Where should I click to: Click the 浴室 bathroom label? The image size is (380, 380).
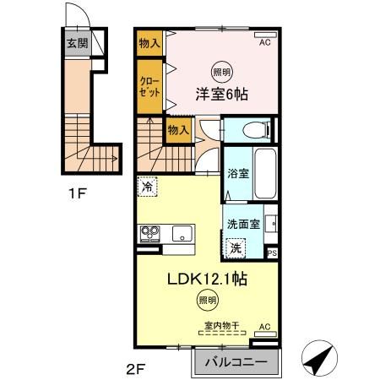pos(236,175)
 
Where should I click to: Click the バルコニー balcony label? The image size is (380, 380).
pos(236,363)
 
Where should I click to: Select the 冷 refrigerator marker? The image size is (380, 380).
pos(147,187)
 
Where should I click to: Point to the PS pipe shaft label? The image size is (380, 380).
pos(271,252)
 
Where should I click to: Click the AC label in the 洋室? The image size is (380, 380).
pos(263,42)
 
